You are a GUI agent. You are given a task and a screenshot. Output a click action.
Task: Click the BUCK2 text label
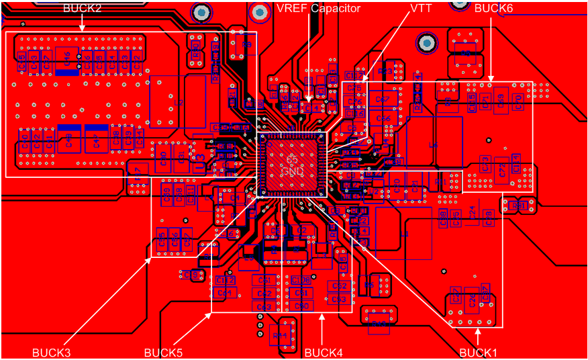[82, 9]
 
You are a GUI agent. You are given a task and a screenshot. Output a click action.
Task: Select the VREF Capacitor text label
[318, 9]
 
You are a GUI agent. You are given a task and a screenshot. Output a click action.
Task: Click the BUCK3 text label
[51, 352]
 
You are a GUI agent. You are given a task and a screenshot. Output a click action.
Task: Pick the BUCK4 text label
[324, 352]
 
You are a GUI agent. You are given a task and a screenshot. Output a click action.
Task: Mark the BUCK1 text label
[479, 352]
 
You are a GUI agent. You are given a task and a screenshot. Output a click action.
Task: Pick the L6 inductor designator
[433, 144]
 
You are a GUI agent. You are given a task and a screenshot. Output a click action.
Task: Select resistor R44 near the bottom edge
[279, 334]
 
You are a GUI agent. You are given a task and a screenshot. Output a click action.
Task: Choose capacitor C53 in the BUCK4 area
[339, 298]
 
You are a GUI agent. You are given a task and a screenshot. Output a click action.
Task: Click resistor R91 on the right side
[519, 205]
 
